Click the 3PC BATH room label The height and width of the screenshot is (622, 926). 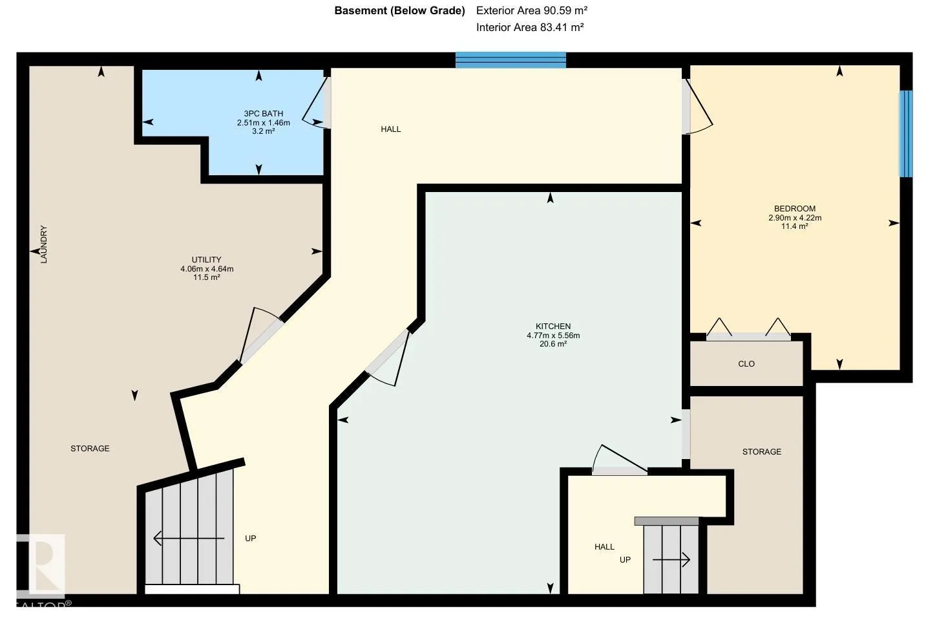coord(264,114)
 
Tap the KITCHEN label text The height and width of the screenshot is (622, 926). coord(553,327)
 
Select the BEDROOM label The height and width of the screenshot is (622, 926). coord(795,209)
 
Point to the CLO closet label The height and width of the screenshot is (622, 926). coord(746,364)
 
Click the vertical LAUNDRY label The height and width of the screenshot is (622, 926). coord(44,244)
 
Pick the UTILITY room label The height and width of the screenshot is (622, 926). coord(206,260)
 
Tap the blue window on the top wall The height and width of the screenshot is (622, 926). coord(510,59)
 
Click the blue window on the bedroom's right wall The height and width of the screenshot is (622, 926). coord(906,134)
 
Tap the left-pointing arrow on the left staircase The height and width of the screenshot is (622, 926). coord(189,539)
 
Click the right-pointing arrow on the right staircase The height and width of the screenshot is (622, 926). coord(671,561)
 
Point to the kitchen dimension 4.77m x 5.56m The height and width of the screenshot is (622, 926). coord(553,336)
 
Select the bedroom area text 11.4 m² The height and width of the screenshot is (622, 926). coord(795,226)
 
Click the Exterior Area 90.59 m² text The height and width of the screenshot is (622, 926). coord(532,11)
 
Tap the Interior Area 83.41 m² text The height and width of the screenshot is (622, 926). coord(530,27)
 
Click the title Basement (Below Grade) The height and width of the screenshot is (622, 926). coord(400,11)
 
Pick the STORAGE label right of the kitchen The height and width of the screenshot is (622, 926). coord(762,451)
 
